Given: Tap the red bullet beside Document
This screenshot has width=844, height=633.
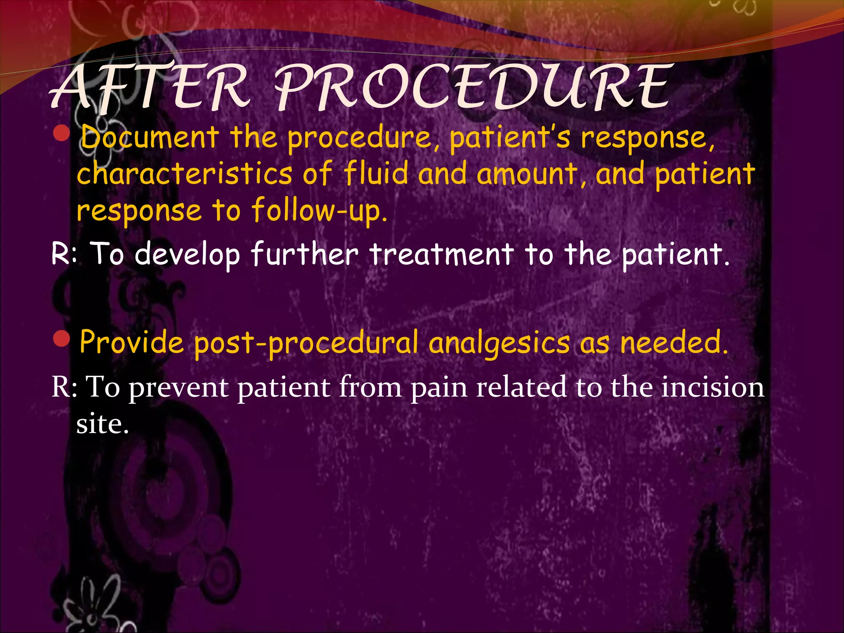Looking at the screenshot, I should [62, 134].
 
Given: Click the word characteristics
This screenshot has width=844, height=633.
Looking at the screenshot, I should [185, 173].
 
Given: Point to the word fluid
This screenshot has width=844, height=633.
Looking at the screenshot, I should [376, 173].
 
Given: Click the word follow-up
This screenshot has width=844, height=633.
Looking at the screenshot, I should [319, 211].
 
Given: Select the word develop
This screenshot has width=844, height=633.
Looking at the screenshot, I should [188, 255].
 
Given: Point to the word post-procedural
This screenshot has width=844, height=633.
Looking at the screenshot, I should [306, 343].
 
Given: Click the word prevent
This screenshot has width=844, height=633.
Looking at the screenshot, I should [178, 388].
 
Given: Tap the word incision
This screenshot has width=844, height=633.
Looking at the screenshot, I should [713, 387].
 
